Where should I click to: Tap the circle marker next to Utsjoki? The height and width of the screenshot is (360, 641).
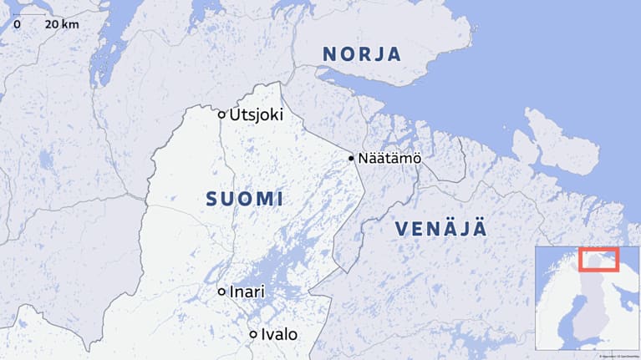pyautogui.click(x=221, y=115)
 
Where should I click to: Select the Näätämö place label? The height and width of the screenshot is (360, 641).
pyautogui.click(x=389, y=158)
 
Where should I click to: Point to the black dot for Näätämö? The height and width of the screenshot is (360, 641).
pyautogui.click(x=351, y=158)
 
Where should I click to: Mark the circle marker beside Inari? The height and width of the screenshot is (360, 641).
pyautogui.click(x=221, y=292)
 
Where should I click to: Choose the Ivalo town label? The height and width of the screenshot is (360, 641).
pyautogui.click(x=279, y=334)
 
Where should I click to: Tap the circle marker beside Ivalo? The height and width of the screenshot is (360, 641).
pyautogui.click(x=252, y=334)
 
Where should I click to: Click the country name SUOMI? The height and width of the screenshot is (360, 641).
pyautogui.click(x=244, y=200)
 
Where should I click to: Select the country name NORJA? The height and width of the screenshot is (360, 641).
pyautogui.click(x=362, y=54)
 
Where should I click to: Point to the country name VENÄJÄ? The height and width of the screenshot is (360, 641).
pyautogui.click(x=440, y=228)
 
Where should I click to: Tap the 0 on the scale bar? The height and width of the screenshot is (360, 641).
pyautogui.click(x=17, y=24)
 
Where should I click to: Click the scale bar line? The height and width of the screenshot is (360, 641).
pyautogui.click(x=30, y=14)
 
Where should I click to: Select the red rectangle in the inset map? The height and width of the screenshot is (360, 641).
pyautogui.click(x=598, y=260)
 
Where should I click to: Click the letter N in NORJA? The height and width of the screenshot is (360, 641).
pyautogui.click(x=330, y=54)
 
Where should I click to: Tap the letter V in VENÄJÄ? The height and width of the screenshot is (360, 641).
pyautogui.click(x=402, y=228)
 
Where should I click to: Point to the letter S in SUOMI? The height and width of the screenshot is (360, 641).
pyautogui.click(x=211, y=200)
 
